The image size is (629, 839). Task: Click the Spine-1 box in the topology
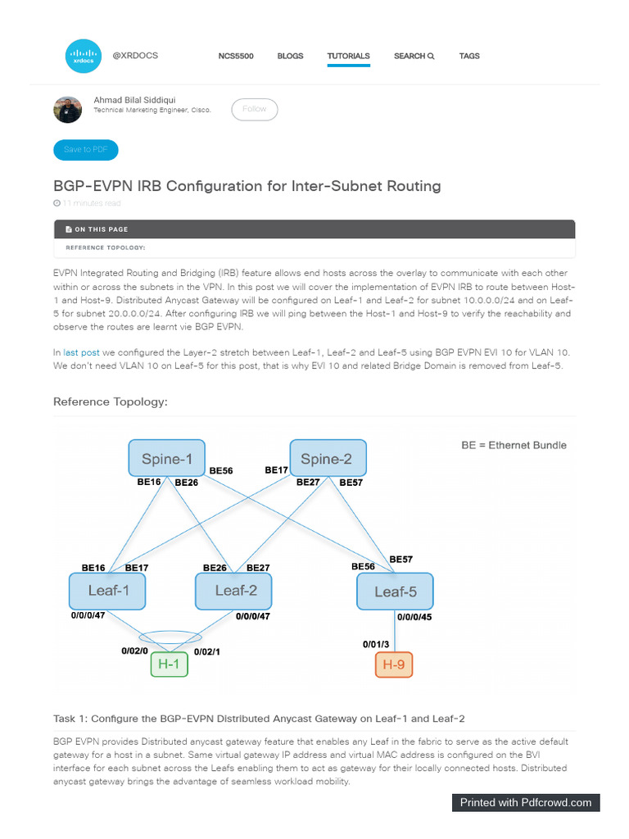166,458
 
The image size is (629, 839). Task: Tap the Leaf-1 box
107,591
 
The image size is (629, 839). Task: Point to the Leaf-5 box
395,591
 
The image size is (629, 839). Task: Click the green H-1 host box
170,664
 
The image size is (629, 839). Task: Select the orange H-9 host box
394,664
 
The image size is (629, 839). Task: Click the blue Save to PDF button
86,150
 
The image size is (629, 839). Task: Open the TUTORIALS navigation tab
348,56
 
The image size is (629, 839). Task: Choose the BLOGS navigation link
290,56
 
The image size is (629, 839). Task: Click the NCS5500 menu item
236,56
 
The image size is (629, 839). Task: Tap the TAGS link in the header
469,56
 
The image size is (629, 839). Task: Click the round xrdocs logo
83,57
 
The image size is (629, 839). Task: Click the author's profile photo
67,109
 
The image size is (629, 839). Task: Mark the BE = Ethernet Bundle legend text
514,445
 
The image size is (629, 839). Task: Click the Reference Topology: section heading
110,401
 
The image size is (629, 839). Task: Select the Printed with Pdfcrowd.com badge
526,802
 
